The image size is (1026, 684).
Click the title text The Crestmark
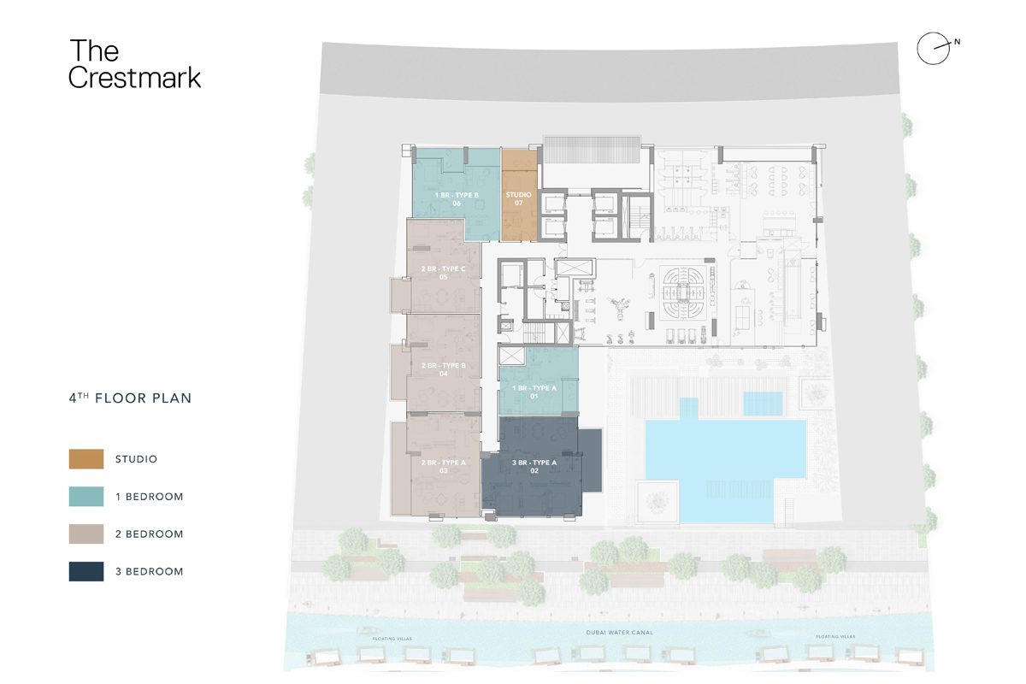[134, 64]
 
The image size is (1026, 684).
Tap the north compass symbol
[933, 49]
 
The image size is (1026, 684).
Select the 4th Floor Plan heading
[130, 398]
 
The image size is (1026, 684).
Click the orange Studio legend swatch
[86, 459]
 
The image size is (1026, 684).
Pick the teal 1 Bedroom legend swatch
[86, 497]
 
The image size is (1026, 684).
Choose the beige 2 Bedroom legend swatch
[86, 534]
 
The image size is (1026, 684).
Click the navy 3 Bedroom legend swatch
[86, 571]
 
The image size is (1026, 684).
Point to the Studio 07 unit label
[519, 199]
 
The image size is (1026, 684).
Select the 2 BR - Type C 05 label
[443, 273]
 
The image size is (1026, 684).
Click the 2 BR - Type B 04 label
[443, 369]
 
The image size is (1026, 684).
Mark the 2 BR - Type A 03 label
[443, 466]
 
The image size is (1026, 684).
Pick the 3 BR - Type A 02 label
[534, 466]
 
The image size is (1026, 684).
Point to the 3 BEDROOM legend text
[150, 571]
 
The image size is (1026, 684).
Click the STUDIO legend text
[137, 459]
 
